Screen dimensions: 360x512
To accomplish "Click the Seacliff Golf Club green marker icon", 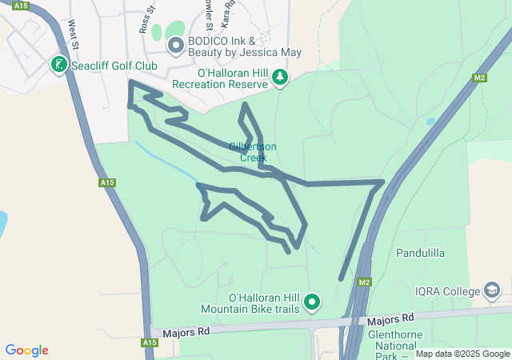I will click(58, 63).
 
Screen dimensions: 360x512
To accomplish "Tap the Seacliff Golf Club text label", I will click(110, 64).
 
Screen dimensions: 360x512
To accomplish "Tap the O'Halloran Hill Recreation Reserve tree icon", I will click(280, 77).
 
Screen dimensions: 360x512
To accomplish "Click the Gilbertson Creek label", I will click(253, 152).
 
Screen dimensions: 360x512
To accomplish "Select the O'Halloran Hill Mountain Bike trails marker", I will click(312, 302).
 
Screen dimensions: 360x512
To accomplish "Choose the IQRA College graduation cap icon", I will click(493, 290).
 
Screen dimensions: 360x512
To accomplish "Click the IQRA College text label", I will click(449, 291).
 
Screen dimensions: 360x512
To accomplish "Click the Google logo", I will click(26, 350).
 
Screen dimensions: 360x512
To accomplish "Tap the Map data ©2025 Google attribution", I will click(462, 354).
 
